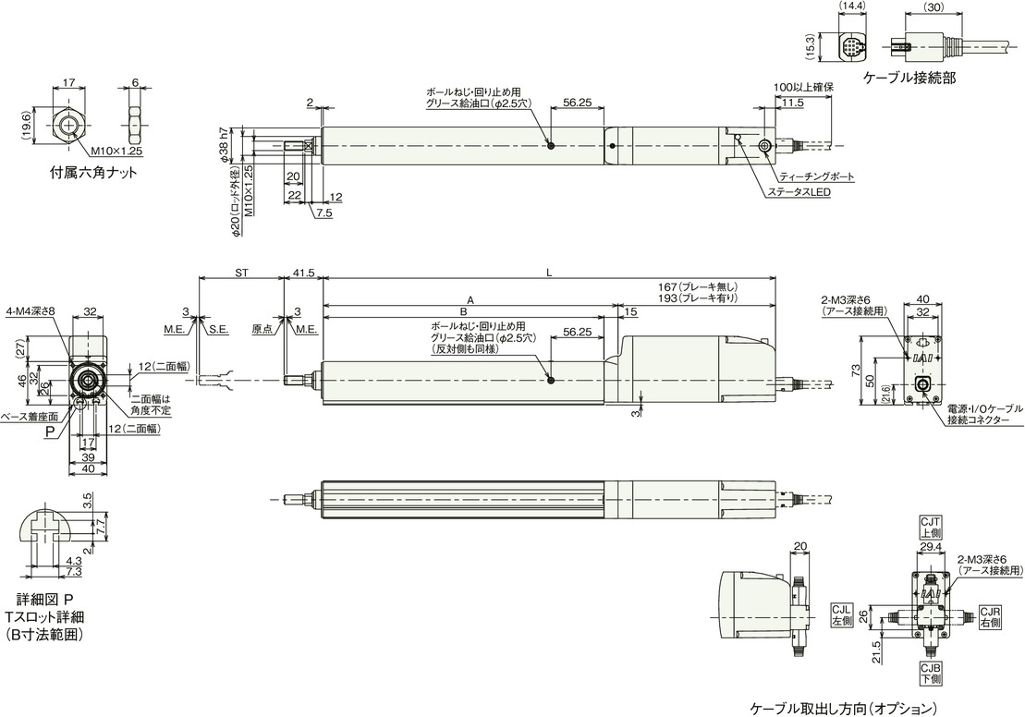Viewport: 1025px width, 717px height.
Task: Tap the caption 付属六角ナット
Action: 94,173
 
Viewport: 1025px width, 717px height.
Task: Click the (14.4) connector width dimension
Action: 852,6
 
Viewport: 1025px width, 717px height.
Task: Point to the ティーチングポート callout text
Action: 817,177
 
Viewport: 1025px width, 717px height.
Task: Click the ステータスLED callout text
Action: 799,193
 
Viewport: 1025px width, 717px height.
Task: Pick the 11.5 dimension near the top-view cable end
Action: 792,103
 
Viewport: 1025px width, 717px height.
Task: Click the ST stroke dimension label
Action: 241,273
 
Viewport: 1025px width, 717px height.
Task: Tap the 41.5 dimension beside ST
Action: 303,273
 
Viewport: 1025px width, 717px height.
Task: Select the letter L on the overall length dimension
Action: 549,273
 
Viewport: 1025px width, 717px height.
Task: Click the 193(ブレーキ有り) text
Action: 698,298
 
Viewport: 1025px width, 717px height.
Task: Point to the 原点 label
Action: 262,330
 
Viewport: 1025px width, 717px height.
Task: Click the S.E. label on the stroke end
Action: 218,330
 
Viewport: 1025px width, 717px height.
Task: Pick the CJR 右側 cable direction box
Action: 990,617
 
